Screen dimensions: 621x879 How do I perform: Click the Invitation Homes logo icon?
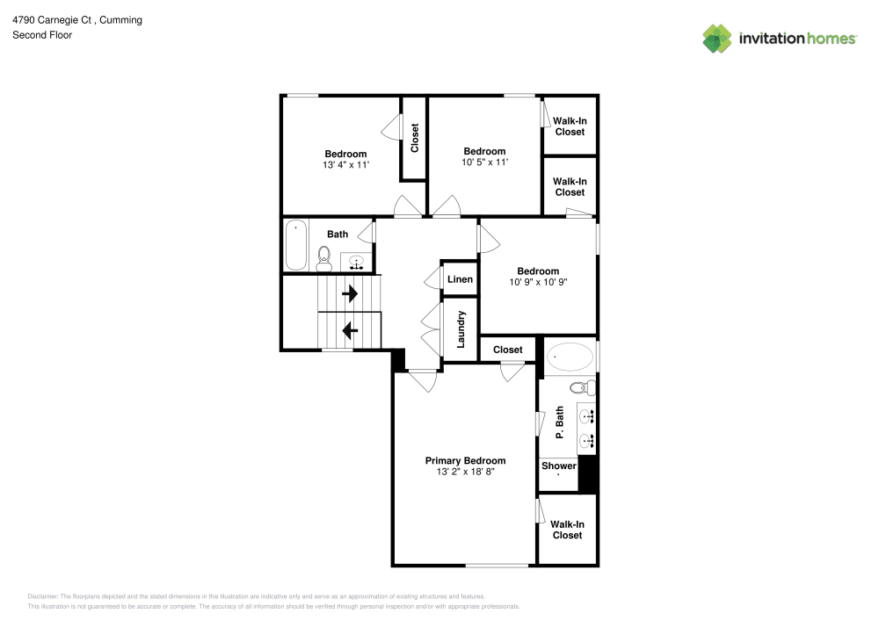717,38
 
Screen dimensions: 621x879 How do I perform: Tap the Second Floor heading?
42,35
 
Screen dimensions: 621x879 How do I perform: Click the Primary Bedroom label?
465,460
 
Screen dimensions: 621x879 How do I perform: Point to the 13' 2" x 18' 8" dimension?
465,472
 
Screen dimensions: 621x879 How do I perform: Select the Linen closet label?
461,279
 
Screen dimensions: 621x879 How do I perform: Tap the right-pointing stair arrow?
349,292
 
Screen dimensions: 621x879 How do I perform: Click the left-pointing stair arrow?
349,330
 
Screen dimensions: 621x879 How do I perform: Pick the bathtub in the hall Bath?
295,244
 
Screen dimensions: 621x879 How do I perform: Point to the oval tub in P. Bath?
570,357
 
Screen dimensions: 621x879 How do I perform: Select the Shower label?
559,466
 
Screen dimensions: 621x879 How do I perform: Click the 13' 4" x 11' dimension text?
345,164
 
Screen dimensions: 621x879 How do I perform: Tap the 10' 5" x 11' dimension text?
484,162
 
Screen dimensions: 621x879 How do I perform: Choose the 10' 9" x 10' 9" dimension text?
538,282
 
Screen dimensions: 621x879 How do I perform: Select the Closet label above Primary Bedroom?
508,350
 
